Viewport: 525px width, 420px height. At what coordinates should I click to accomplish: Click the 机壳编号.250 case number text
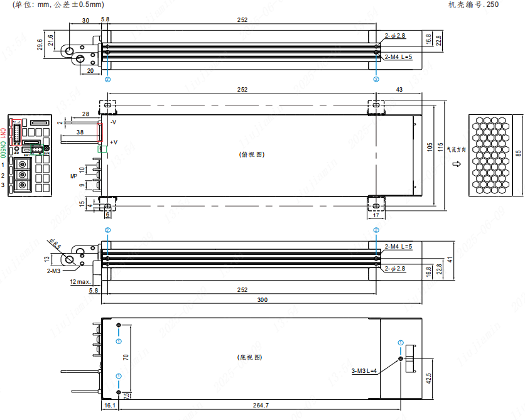(x=474, y=4)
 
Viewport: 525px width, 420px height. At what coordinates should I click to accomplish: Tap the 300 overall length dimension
(x=262, y=300)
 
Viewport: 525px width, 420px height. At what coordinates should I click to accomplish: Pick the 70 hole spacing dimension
(x=126, y=358)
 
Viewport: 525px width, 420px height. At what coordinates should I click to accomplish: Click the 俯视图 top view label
(x=251, y=154)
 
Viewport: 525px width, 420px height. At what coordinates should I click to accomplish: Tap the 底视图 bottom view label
(x=249, y=357)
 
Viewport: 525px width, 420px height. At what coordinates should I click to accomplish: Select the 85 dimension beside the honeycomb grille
(x=518, y=154)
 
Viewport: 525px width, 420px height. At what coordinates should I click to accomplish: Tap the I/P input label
(x=73, y=177)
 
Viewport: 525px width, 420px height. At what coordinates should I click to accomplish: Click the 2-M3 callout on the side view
(x=53, y=271)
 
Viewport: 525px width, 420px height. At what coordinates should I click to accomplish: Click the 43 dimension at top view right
(x=399, y=90)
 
